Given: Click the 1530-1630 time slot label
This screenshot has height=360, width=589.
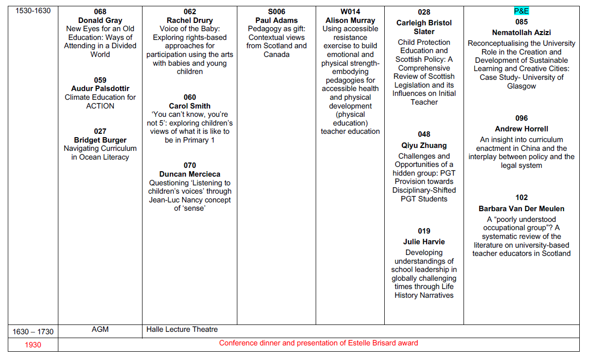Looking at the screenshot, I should pos(33,11).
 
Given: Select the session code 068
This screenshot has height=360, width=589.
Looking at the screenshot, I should pos(100,12).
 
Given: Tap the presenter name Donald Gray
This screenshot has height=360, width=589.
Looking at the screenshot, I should pos(100,20).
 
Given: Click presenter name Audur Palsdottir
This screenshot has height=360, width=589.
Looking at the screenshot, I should pos(100,89).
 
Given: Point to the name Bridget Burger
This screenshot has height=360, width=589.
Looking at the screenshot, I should pos(100,140).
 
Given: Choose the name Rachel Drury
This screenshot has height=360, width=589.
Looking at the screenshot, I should pos(190,20).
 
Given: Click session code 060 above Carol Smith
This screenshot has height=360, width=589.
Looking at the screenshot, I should pos(190,97).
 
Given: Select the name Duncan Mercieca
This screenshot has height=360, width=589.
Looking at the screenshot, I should pos(190,174).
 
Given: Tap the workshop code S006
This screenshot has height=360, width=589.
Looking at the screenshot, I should pos(276,12).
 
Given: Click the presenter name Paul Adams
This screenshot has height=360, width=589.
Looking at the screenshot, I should pos(276,20).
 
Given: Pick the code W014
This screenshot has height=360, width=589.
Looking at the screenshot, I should pos(350,12).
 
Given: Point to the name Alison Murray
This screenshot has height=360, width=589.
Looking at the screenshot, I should pos(350,20).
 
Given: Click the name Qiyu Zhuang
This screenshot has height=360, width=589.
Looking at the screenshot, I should pos(424,145).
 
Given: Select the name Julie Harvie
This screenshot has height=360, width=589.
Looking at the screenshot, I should pos(424,242).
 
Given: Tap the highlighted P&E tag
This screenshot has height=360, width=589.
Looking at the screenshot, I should pos(521,11).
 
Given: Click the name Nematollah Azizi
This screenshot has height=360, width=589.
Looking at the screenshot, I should pos(521,33).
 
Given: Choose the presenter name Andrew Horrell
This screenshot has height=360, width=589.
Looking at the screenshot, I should pos(521,129).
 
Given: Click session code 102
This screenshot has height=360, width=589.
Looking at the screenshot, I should pos(521,198).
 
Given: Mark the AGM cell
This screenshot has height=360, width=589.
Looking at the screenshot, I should pos(100,329).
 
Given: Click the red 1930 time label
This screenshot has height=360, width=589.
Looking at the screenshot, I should pos(33,345).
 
